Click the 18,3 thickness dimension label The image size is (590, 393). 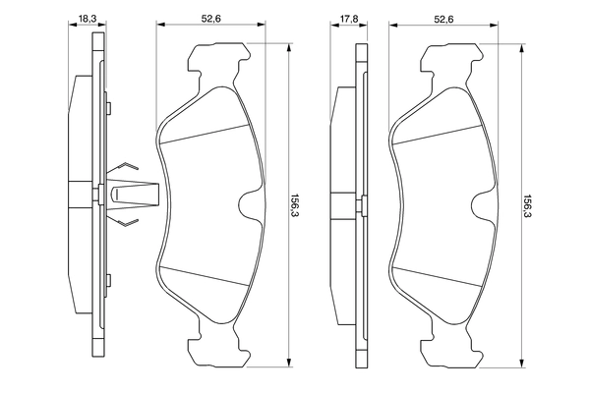(x=88, y=18)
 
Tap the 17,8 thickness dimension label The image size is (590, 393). (x=349, y=18)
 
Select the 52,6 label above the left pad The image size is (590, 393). (x=210, y=18)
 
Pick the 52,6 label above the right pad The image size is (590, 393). (x=444, y=18)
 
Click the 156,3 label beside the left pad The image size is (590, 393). (x=294, y=206)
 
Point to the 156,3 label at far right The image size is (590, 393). (x=527, y=206)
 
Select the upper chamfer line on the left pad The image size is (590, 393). (x=205, y=134)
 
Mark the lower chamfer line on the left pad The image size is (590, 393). (x=205, y=276)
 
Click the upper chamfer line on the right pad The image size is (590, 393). (x=438, y=134)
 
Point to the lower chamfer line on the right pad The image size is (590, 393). (x=438, y=276)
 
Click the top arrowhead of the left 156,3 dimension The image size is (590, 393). (x=288, y=48)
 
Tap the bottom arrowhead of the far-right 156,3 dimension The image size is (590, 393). (x=522, y=362)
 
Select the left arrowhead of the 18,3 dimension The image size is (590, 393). (x=73, y=25)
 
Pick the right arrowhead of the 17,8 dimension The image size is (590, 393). (x=364, y=25)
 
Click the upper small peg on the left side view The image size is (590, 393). (x=109, y=107)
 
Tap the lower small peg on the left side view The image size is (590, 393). (x=109, y=280)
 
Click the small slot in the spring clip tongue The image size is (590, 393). (x=116, y=195)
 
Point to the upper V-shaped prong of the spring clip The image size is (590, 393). (x=127, y=165)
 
